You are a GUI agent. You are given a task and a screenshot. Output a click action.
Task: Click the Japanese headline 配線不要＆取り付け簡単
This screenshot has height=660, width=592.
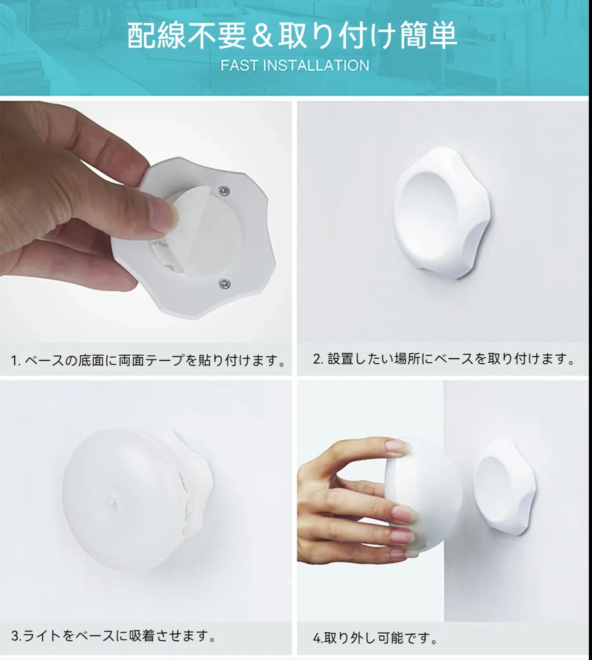pyautogui.click(x=292, y=35)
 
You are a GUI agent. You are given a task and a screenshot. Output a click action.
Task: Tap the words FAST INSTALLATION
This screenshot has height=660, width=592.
pyautogui.click(x=295, y=65)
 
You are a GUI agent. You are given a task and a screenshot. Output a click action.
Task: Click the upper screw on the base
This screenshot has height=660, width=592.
pyautogui.click(x=224, y=191)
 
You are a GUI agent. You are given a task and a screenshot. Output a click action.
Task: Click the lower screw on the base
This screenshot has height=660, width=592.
pyautogui.click(x=225, y=283)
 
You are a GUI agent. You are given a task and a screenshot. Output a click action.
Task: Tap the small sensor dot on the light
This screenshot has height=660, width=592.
pyautogui.click(x=112, y=504)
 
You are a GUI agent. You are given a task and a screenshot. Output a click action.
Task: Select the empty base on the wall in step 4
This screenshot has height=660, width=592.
pyautogui.click(x=504, y=487)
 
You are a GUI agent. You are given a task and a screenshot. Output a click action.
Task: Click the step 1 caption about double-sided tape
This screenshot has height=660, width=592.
pyautogui.click(x=148, y=360)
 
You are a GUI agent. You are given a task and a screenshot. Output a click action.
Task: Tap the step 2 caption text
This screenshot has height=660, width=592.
pyautogui.click(x=444, y=358)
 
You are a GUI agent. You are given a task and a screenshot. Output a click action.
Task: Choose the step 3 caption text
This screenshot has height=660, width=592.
pyautogui.click(x=113, y=635)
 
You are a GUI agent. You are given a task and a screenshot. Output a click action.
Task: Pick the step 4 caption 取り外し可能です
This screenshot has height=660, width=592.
pyautogui.click(x=375, y=638)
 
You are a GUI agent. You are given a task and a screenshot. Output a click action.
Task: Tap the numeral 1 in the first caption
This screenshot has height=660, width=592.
pyautogui.click(x=14, y=360)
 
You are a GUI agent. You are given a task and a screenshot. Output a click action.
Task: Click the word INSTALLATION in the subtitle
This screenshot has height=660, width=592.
pyautogui.click(x=316, y=65)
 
